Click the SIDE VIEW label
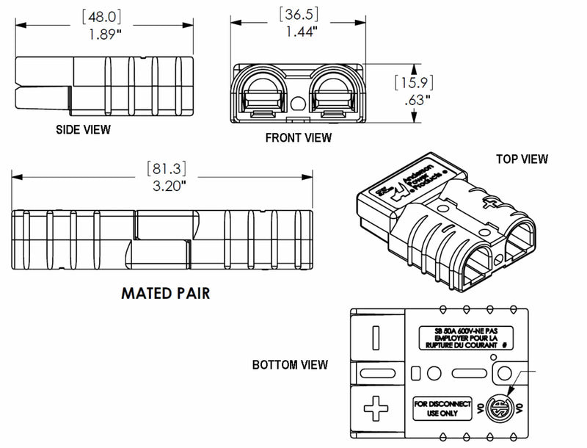click(83, 130)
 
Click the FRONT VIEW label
click(298, 137)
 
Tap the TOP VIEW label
click(522, 159)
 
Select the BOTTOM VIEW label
click(290, 364)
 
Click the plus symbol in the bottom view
click(376, 409)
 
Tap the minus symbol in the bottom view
click(376, 336)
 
